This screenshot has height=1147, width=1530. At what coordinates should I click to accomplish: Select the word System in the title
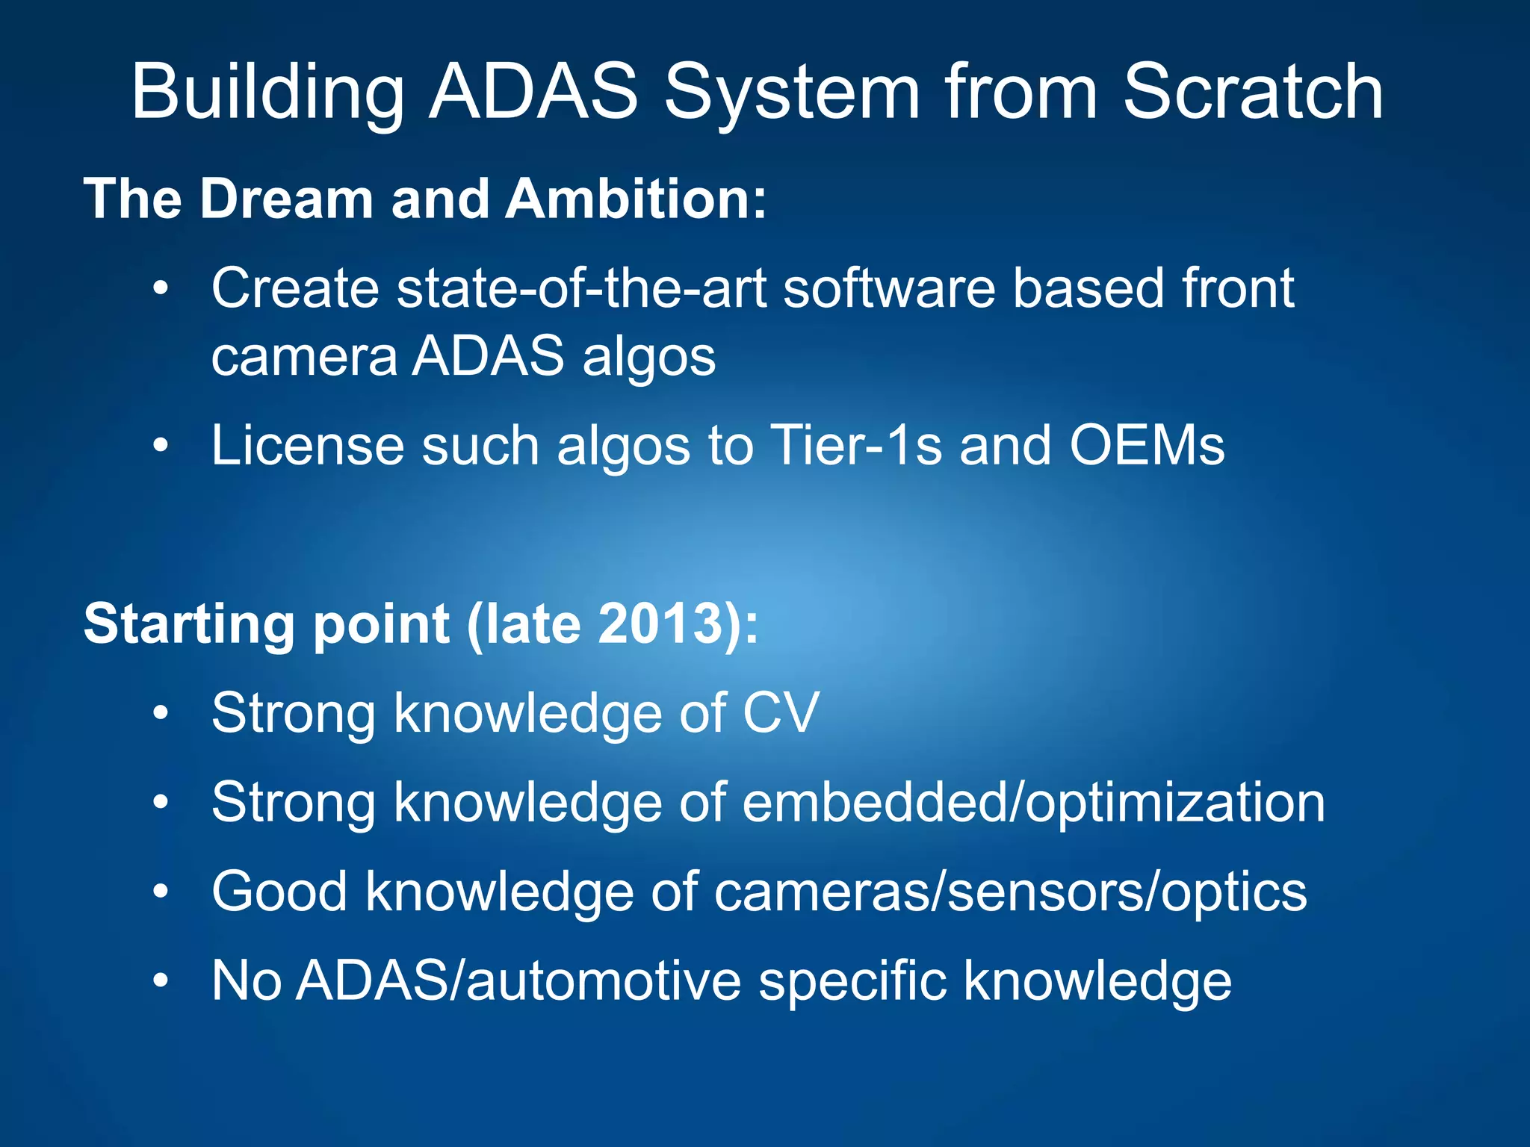tap(792, 93)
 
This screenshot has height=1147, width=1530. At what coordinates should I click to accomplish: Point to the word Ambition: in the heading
tap(636, 199)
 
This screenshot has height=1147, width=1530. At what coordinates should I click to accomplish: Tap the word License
tap(307, 446)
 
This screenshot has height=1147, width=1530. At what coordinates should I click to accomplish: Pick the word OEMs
tap(1147, 446)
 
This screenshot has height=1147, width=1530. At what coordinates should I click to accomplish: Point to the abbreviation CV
tap(781, 713)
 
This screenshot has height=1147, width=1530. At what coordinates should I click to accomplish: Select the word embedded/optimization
tap(1033, 803)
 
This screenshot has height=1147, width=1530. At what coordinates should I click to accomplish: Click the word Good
tap(279, 892)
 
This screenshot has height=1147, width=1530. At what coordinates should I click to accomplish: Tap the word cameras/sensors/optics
tap(1010, 892)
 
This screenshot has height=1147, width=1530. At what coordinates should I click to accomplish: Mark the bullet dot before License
tap(161, 447)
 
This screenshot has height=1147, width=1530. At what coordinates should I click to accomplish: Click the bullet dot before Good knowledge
tap(161, 892)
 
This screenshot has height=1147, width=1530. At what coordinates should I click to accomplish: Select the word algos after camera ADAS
tap(648, 358)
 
